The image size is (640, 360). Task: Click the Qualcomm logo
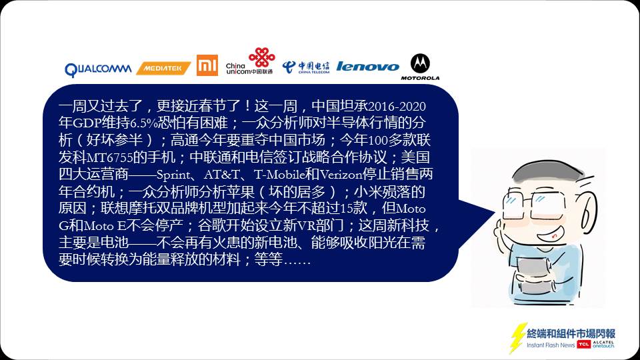tap(98, 69)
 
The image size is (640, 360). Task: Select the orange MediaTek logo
tap(163, 68)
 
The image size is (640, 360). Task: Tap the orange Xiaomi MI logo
tap(207, 65)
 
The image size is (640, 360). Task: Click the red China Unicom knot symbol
tap(261, 57)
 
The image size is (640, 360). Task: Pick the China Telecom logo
tap(306, 67)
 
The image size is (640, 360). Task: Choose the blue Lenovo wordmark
tap(367, 67)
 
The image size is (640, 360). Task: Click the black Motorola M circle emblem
tap(420, 64)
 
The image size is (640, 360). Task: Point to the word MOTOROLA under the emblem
tap(420, 78)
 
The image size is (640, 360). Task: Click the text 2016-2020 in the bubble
tap(397, 107)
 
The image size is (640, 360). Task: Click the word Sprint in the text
tap(173, 175)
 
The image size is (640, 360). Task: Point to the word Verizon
tap(341, 175)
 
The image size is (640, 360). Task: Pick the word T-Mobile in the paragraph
tap(279, 175)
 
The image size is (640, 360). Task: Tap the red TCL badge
tap(584, 345)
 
